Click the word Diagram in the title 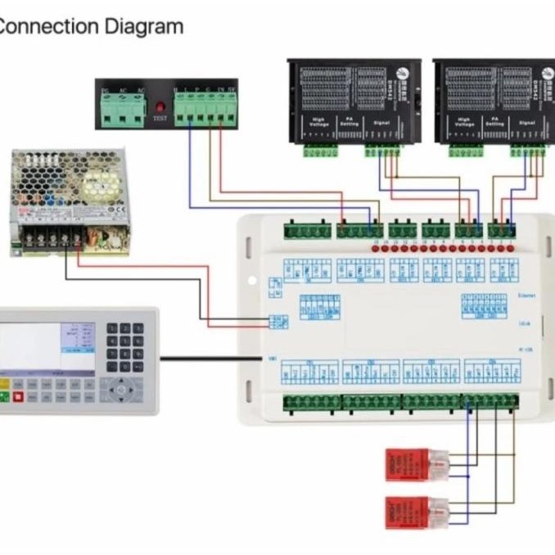(144, 26)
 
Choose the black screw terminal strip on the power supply (51, 238)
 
